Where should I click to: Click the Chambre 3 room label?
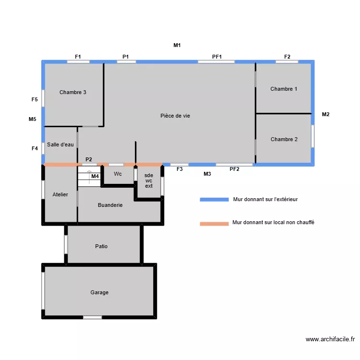[73, 92]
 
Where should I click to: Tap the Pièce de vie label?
[175, 116]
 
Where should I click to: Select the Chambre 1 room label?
[284, 89]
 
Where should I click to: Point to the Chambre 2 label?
[284, 139]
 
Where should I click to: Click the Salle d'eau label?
[60, 145]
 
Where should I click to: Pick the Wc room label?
[118, 174]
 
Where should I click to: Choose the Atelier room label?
[60, 194]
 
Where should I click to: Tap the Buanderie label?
[110, 205]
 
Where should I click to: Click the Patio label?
[101, 246]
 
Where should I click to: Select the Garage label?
[99, 292]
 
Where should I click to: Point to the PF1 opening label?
[217, 57]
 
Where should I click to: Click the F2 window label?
[287, 57]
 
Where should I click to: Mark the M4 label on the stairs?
[95, 177]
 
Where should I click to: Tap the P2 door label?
[89, 159]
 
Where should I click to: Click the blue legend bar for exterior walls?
[214, 199]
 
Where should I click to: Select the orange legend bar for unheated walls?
[214, 223]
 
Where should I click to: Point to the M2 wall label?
[325, 114]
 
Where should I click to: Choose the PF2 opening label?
[234, 169]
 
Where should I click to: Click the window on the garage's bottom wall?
[93, 317]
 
